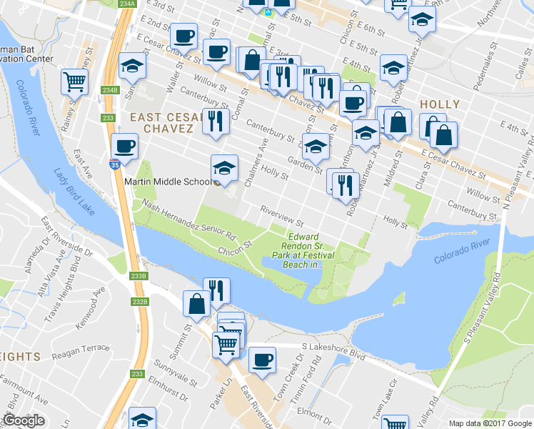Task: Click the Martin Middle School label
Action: click(x=168, y=181)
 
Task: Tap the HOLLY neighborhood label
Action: click(x=439, y=104)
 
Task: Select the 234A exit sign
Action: click(x=127, y=4)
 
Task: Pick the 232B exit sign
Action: click(x=140, y=302)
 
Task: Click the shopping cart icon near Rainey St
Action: click(x=74, y=81)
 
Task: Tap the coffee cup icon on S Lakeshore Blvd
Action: click(x=262, y=357)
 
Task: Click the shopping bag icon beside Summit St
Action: click(x=196, y=303)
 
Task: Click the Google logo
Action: click(x=24, y=420)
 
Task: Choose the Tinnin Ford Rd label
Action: click(x=319, y=376)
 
